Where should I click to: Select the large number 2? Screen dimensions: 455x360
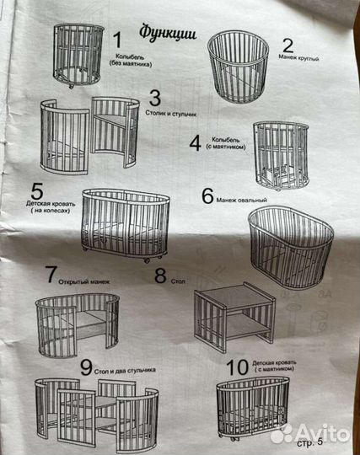[x=287, y=45]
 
